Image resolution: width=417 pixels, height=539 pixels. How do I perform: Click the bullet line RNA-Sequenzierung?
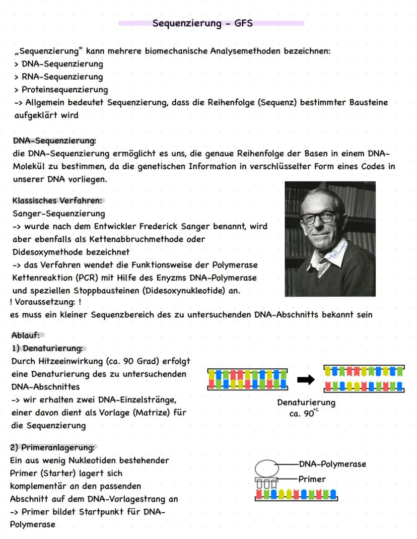point(62,77)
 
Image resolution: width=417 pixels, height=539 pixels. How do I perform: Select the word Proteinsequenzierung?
point(64,90)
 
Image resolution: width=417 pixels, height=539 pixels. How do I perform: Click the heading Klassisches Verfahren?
point(57,200)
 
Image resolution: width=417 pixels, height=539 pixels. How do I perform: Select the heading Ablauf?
point(25,335)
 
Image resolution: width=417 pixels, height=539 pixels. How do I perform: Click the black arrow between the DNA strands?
point(306,380)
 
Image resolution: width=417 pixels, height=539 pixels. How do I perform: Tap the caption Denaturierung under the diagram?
point(306,402)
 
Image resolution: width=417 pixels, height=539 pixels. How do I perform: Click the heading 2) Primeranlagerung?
point(52,447)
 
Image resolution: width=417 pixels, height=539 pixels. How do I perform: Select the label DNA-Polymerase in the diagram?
point(332,464)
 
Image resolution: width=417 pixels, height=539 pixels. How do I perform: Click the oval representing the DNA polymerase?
point(266,467)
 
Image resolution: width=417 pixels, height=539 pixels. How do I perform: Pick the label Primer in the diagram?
point(312,479)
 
